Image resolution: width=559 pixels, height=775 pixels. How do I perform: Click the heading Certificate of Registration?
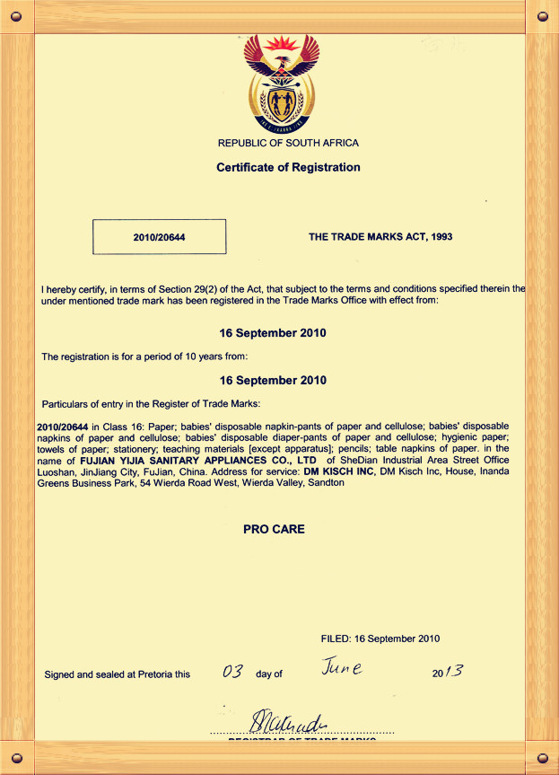pyautogui.click(x=288, y=167)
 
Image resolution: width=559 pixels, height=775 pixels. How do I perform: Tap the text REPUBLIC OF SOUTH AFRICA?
pyautogui.click(x=288, y=144)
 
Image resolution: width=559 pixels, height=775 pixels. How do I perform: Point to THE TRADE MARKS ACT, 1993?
pyautogui.click(x=380, y=237)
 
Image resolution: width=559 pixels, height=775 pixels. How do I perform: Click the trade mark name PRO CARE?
pyautogui.click(x=274, y=529)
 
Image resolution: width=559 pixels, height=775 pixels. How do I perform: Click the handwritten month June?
pyautogui.click(x=341, y=668)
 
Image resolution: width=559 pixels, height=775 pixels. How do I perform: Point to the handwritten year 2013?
pyautogui.click(x=447, y=672)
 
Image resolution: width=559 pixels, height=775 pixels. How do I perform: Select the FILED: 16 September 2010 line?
pyautogui.click(x=380, y=638)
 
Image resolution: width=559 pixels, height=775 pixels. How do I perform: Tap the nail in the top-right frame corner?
pyautogui.click(x=542, y=16)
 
